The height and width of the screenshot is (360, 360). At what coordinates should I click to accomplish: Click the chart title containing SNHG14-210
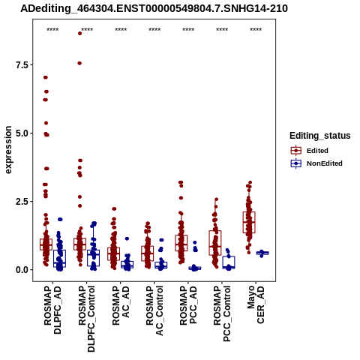click(x=154, y=9)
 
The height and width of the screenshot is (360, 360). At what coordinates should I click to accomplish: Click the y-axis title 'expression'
click(x=8, y=150)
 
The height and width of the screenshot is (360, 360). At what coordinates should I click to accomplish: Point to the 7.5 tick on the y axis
click(x=22, y=64)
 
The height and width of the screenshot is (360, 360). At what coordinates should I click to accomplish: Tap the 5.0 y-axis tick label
click(x=22, y=133)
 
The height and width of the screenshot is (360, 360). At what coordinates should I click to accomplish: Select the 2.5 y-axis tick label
click(x=22, y=202)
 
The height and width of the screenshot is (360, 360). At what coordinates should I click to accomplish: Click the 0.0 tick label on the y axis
click(x=22, y=270)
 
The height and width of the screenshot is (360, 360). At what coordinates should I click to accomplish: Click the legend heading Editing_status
click(x=320, y=136)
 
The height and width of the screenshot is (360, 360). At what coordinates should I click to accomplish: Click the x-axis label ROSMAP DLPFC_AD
click(x=52, y=310)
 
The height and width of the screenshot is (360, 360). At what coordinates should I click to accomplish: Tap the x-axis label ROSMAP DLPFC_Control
click(x=86, y=319)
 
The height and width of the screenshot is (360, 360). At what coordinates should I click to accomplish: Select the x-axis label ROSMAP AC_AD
click(x=121, y=305)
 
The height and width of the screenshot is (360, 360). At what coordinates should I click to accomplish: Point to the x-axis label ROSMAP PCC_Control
click(x=222, y=313)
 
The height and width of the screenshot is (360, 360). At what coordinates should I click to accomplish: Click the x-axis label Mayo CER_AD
click(x=256, y=304)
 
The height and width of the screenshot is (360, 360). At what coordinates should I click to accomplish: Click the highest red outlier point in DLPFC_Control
click(x=79, y=33)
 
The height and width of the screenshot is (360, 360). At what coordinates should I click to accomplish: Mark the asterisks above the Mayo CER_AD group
click(x=256, y=30)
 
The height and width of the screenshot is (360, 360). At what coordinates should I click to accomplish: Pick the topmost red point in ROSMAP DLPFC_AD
click(x=46, y=77)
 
